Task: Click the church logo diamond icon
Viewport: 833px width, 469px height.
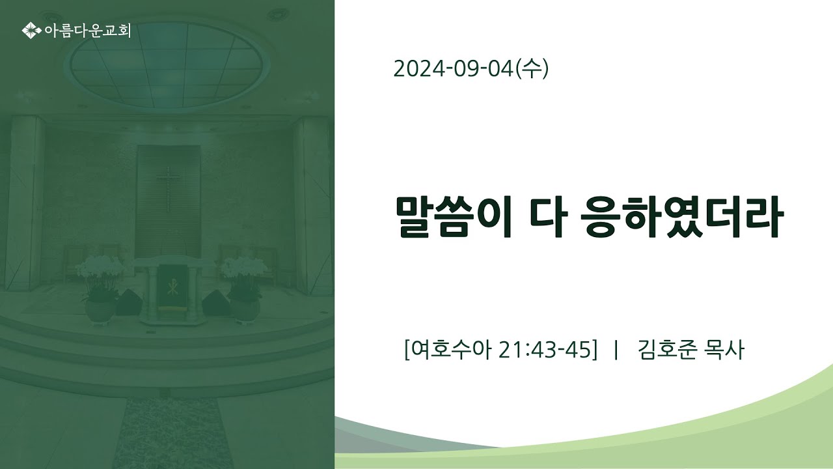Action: pyautogui.click(x=31, y=31)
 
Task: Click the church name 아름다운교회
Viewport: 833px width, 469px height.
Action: pyautogui.click(x=88, y=31)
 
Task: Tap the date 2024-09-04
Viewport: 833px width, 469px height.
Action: pyautogui.click(x=454, y=69)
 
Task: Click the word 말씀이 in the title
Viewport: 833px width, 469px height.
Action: pyautogui.click(x=454, y=217)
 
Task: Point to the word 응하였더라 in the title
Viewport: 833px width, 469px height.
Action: pyautogui.click(x=683, y=217)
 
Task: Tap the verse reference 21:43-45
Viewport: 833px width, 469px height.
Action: pyautogui.click(x=545, y=350)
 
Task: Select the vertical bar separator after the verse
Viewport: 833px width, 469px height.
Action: pyautogui.click(x=616, y=350)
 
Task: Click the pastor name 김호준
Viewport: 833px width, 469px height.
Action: pyautogui.click(x=667, y=350)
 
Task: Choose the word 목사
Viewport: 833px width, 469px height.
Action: pyautogui.click(x=724, y=350)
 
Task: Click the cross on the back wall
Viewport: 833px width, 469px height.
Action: pyautogui.click(x=168, y=189)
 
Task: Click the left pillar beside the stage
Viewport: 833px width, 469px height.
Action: pyautogui.click(x=24, y=203)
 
